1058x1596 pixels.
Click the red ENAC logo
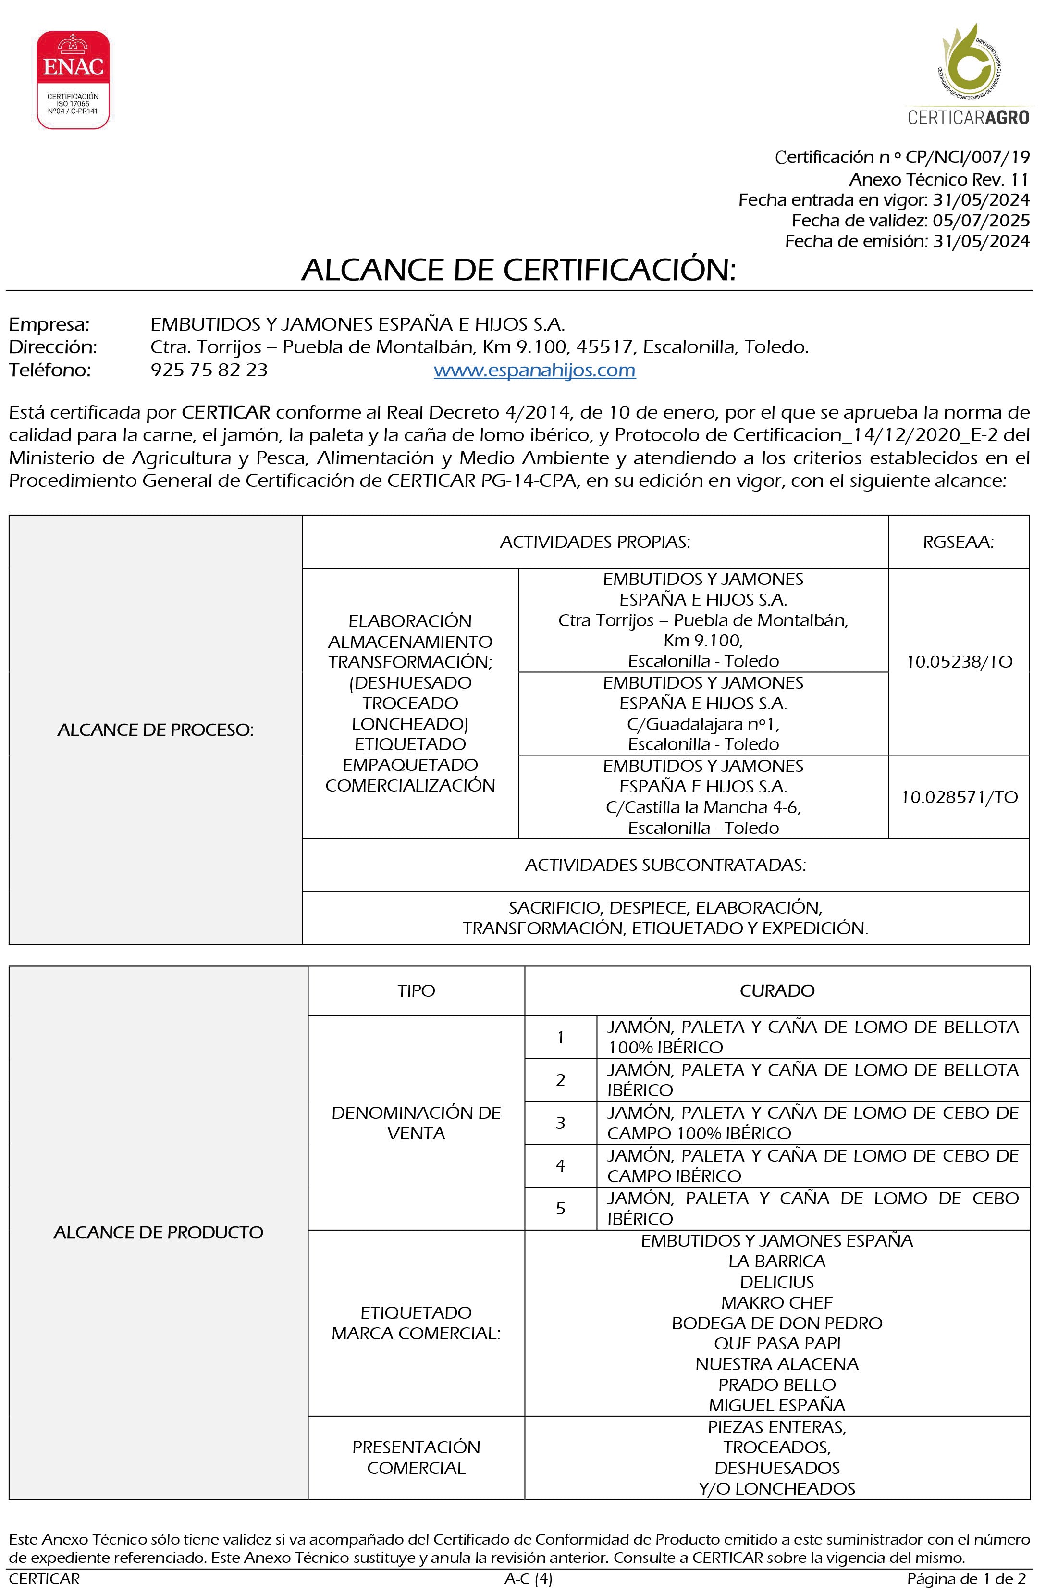click(73, 80)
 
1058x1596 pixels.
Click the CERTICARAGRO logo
click(968, 74)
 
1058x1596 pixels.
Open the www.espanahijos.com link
click(534, 370)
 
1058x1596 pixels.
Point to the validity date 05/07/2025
click(981, 221)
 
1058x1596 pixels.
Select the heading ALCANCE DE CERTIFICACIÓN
click(518, 270)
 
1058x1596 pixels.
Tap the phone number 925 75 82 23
click(209, 370)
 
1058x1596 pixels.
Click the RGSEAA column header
click(958, 542)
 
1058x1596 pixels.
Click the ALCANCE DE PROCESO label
click(155, 730)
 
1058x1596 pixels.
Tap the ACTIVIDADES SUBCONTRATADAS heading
click(665, 865)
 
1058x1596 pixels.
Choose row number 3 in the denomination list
click(560, 1123)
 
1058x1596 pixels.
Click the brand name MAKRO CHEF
click(776, 1302)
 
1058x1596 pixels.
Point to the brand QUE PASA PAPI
click(776, 1344)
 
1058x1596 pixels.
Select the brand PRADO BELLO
click(776, 1385)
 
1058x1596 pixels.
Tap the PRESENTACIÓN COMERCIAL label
click(416, 1458)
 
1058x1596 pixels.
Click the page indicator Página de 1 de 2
click(966, 1578)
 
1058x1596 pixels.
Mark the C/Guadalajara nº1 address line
click(703, 724)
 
